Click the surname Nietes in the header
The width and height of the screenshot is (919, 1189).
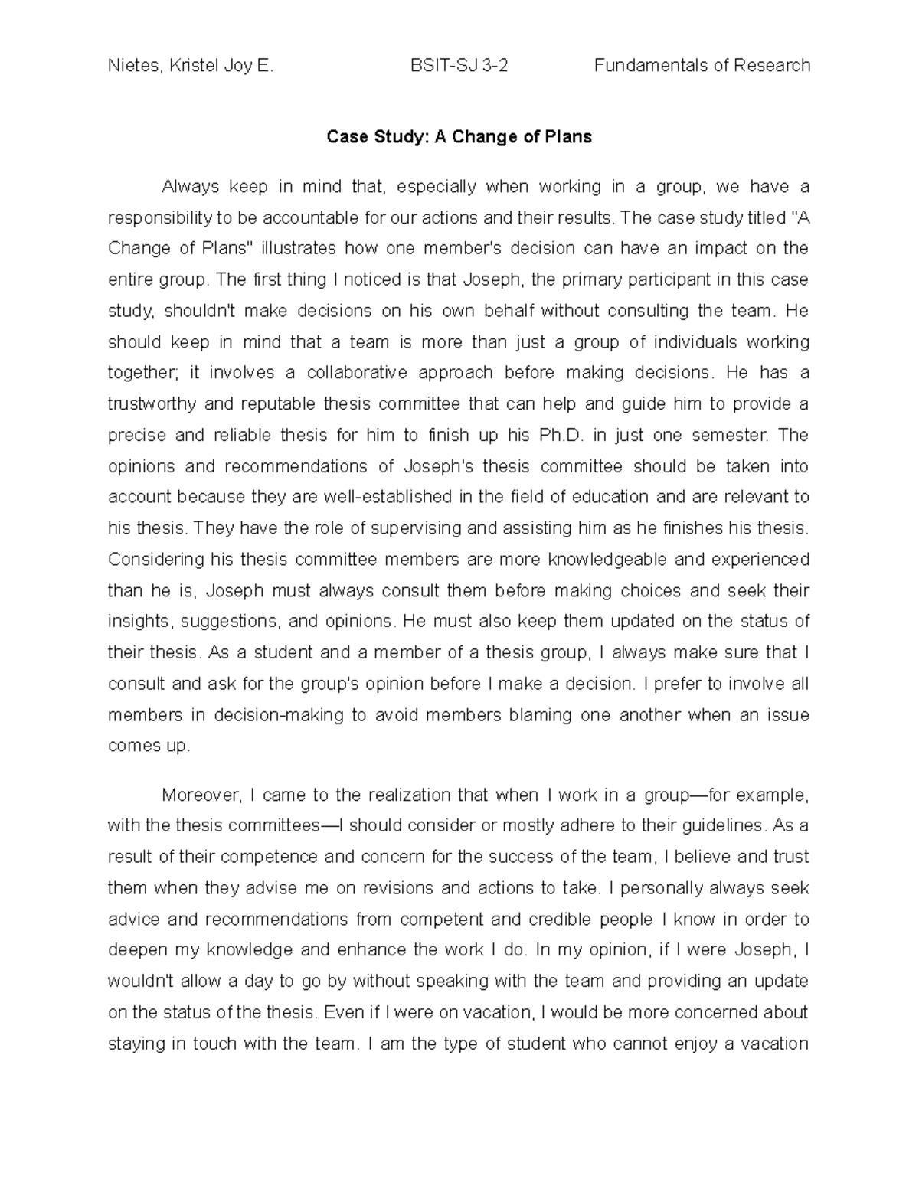(132, 66)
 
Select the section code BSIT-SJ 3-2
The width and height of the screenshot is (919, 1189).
(459, 66)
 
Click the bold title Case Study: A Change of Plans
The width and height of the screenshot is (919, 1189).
(459, 137)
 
